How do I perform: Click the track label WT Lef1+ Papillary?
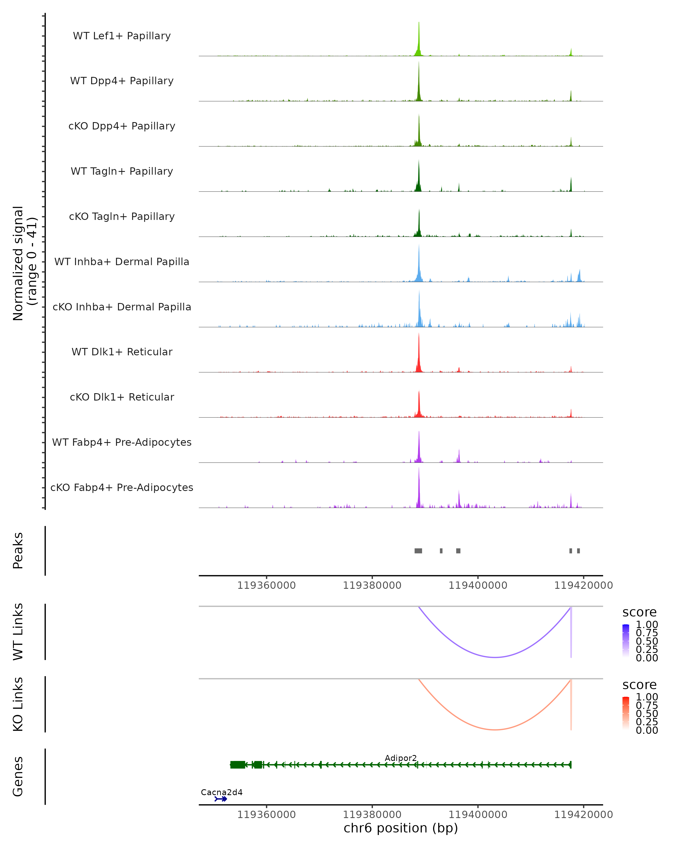(x=122, y=36)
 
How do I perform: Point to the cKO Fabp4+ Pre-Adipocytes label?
(x=122, y=487)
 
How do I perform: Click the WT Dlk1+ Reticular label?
(x=122, y=352)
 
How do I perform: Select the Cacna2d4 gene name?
(x=222, y=792)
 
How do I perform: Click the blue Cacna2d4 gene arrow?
(x=221, y=799)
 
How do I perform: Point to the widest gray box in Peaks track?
(x=418, y=551)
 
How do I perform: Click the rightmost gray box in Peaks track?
(x=578, y=551)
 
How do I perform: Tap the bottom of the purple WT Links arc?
(x=495, y=657)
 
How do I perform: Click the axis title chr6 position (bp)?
(x=401, y=828)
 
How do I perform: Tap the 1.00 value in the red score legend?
(x=647, y=697)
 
